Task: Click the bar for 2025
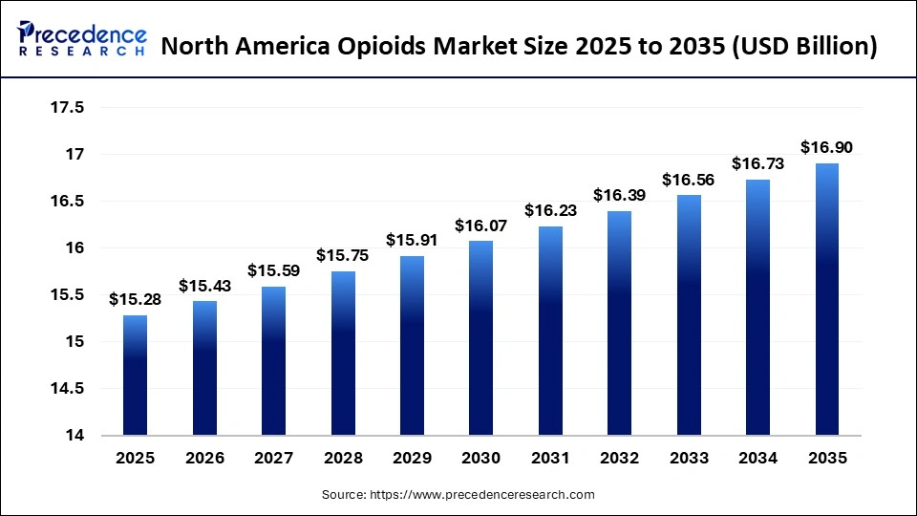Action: (135, 376)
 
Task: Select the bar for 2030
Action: (480, 338)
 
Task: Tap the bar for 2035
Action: (826, 299)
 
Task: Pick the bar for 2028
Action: (342, 354)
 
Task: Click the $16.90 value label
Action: (826, 147)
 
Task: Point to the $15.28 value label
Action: (135, 299)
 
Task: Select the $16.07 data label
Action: (480, 226)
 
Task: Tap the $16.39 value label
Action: (619, 195)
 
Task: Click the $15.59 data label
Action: (273, 270)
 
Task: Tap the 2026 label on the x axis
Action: (203, 458)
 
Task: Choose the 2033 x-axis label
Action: (688, 458)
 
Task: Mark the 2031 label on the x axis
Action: (549, 458)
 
